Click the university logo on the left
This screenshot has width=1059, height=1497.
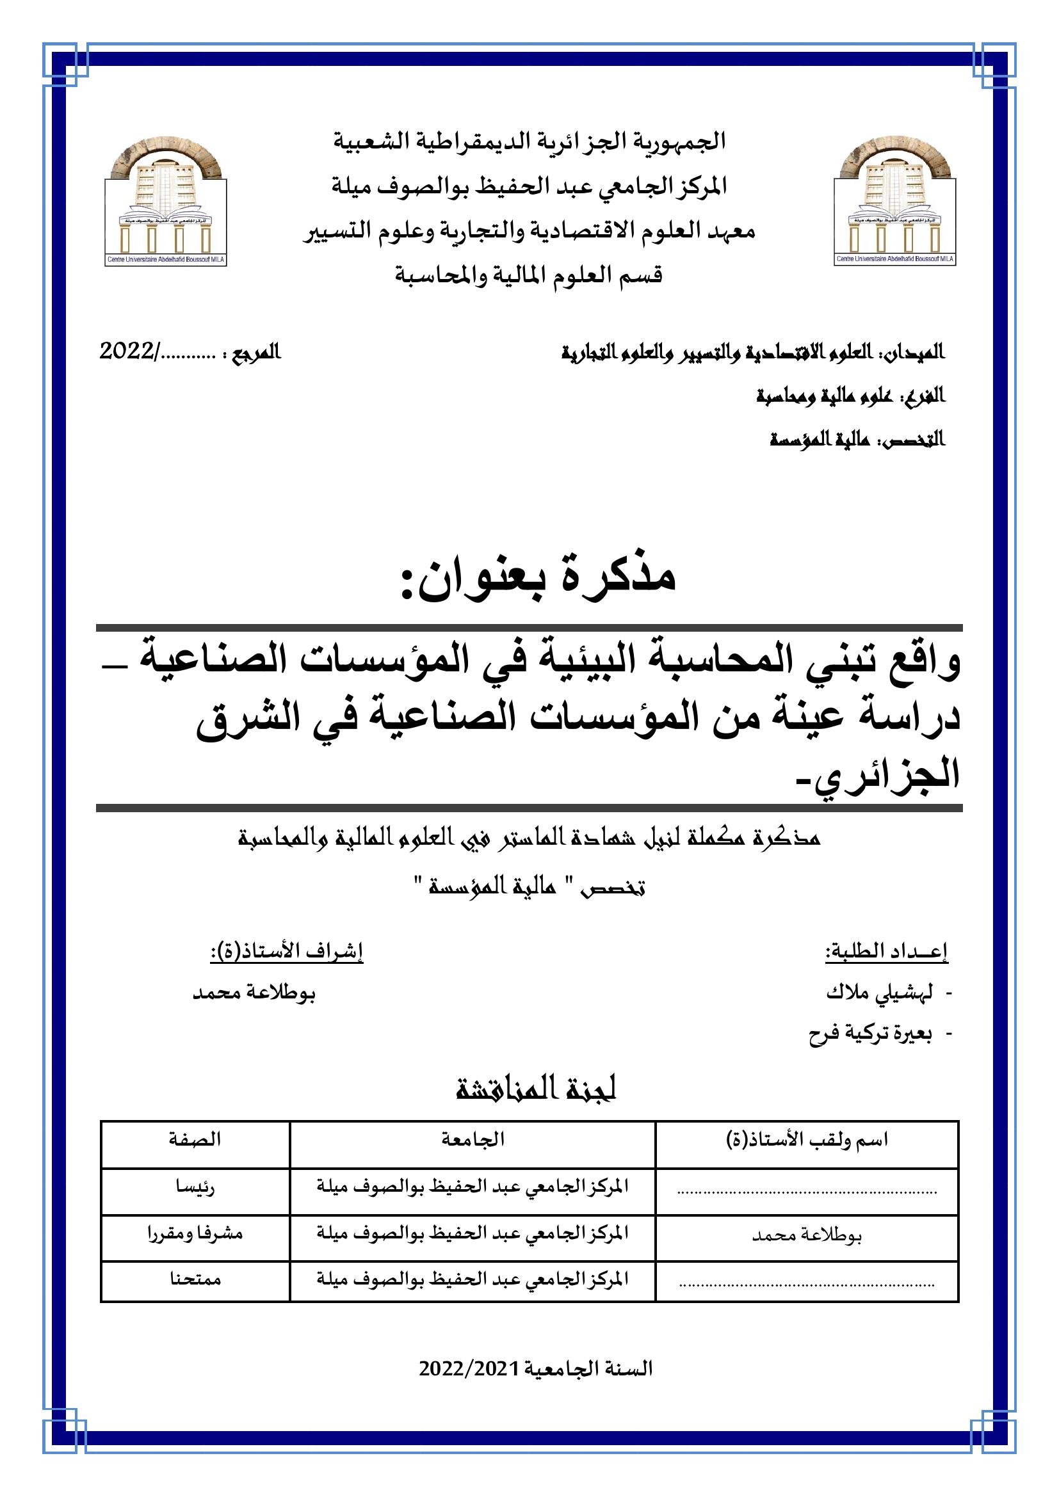166,202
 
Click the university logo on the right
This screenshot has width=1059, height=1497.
894,202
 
